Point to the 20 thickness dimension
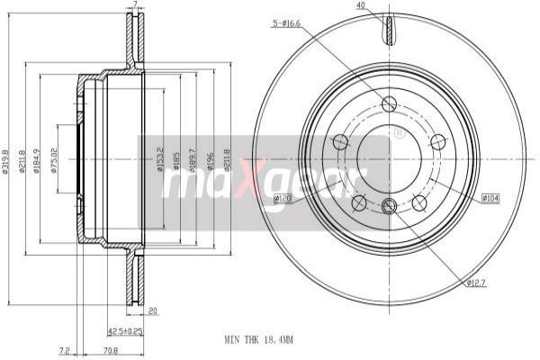click(153, 310)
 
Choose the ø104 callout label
click(490, 197)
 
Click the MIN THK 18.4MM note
click(258, 339)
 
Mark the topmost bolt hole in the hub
click(389, 104)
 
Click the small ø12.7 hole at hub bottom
click(389, 207)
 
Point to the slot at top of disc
click(389, 30)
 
